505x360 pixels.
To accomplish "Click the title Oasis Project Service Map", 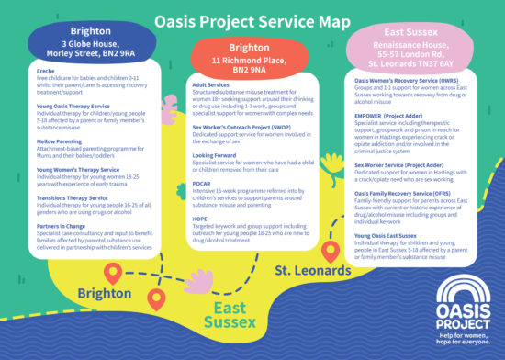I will [252, 19].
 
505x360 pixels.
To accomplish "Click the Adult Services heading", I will [211, 84].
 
